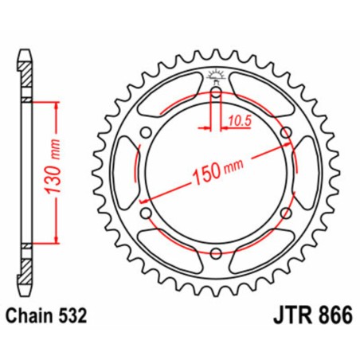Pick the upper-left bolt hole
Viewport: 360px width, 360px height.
coord(145,133)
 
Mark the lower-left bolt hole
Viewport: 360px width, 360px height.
coord(145,213)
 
